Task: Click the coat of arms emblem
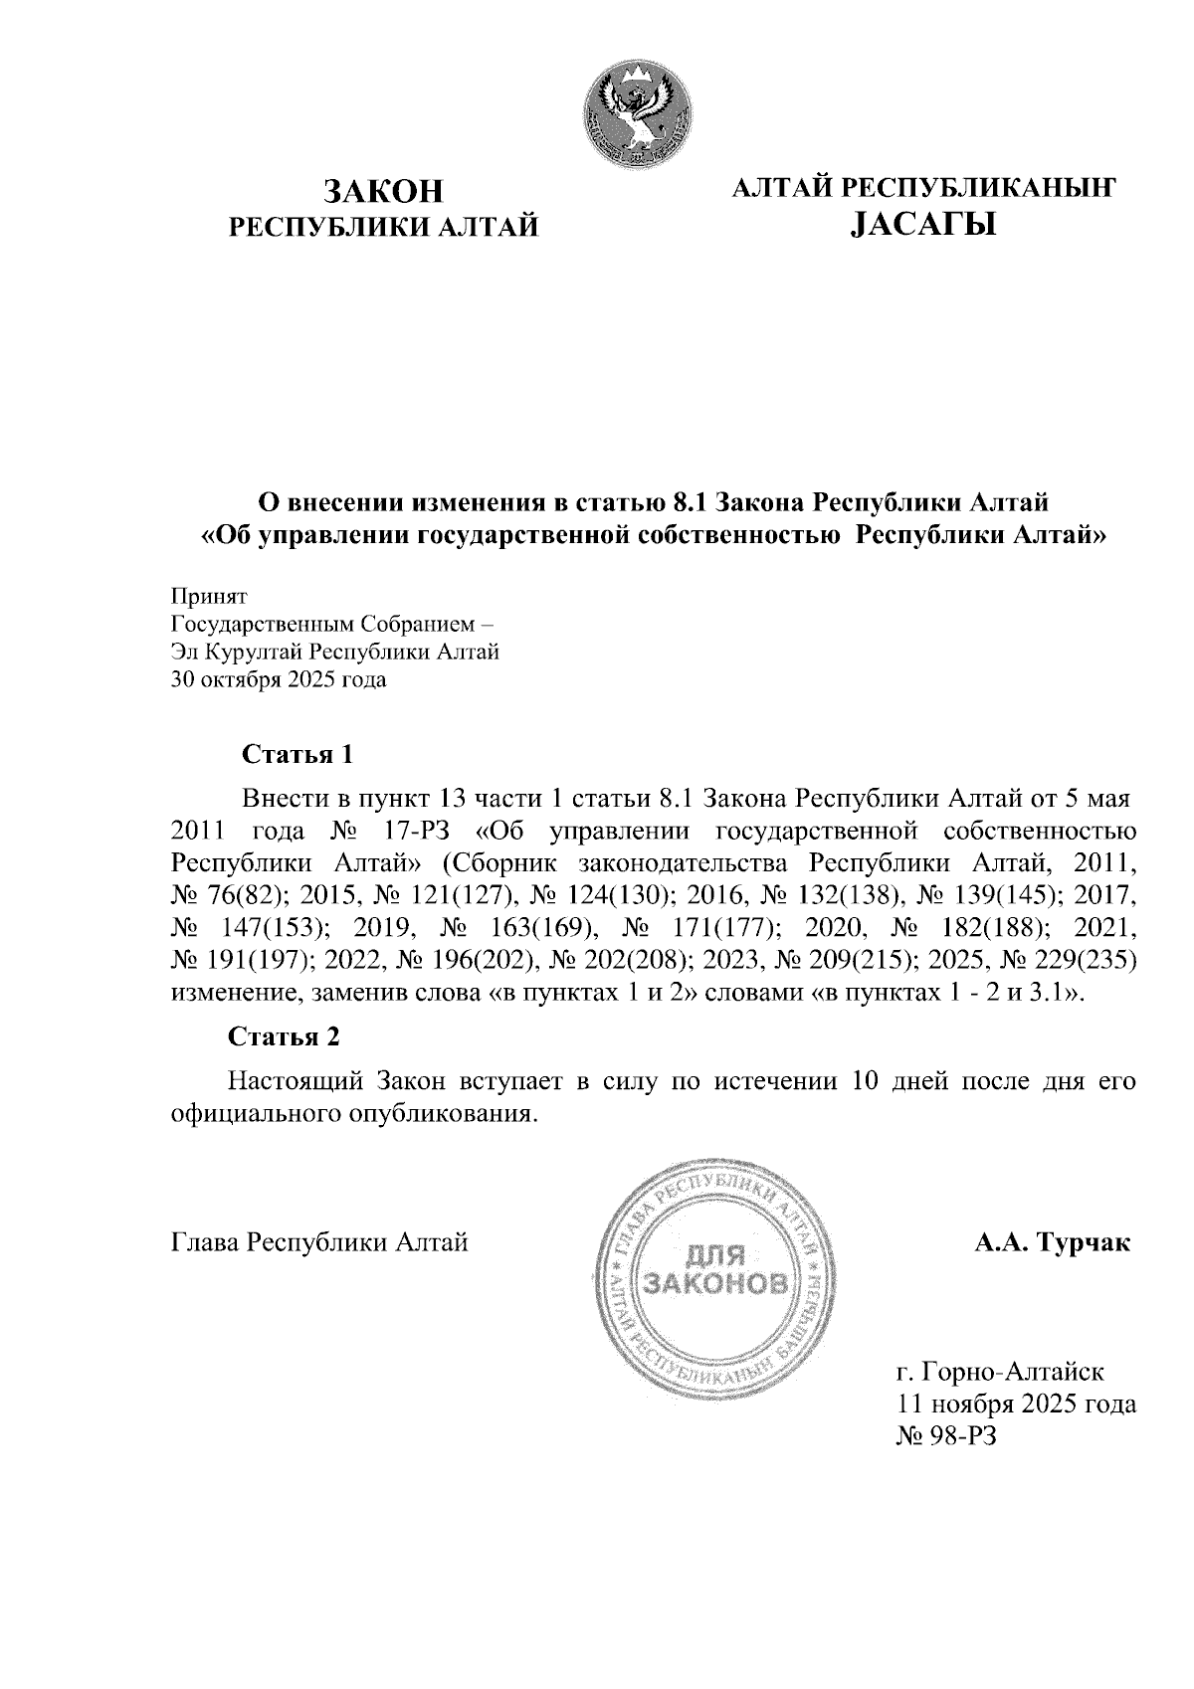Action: (638, 110)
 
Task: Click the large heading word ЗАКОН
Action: (383, 191)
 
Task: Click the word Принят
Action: (209, 597)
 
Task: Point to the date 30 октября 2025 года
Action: (280, 681)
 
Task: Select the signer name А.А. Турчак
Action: (1052, 1242)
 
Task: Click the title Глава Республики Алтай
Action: (319, 1242)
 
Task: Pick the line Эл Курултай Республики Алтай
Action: (335, 654)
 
